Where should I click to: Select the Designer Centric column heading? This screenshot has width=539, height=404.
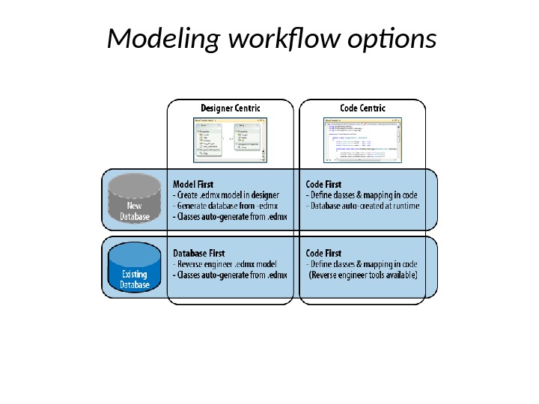pyautogui.click(x=230, y=108)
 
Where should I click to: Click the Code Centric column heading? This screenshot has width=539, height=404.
pyautogui.click(x=362, y=108)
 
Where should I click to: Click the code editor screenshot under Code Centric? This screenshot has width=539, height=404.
pyautogui.click(x=362, y=140)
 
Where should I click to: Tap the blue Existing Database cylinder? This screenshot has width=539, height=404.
pyautogui.click(x=135, y=268)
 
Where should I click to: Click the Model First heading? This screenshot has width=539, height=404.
pyautogui.click(x=193, y=184)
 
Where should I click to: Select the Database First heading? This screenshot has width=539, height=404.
pyautogui.click(x=199, y=254)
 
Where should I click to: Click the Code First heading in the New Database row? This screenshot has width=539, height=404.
pyautogui.click(x=323, y=184)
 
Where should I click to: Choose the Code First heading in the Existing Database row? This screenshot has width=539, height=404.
pyautogui.click(x=323, y=254)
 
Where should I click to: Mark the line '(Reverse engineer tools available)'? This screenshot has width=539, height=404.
pyautogui.click(x=363, y=275)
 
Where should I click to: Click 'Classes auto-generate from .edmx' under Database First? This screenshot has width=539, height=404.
pyautogui.click(x=231, y=275)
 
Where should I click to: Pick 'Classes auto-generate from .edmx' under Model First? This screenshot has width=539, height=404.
pyautogui.click(x=231, y=217)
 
